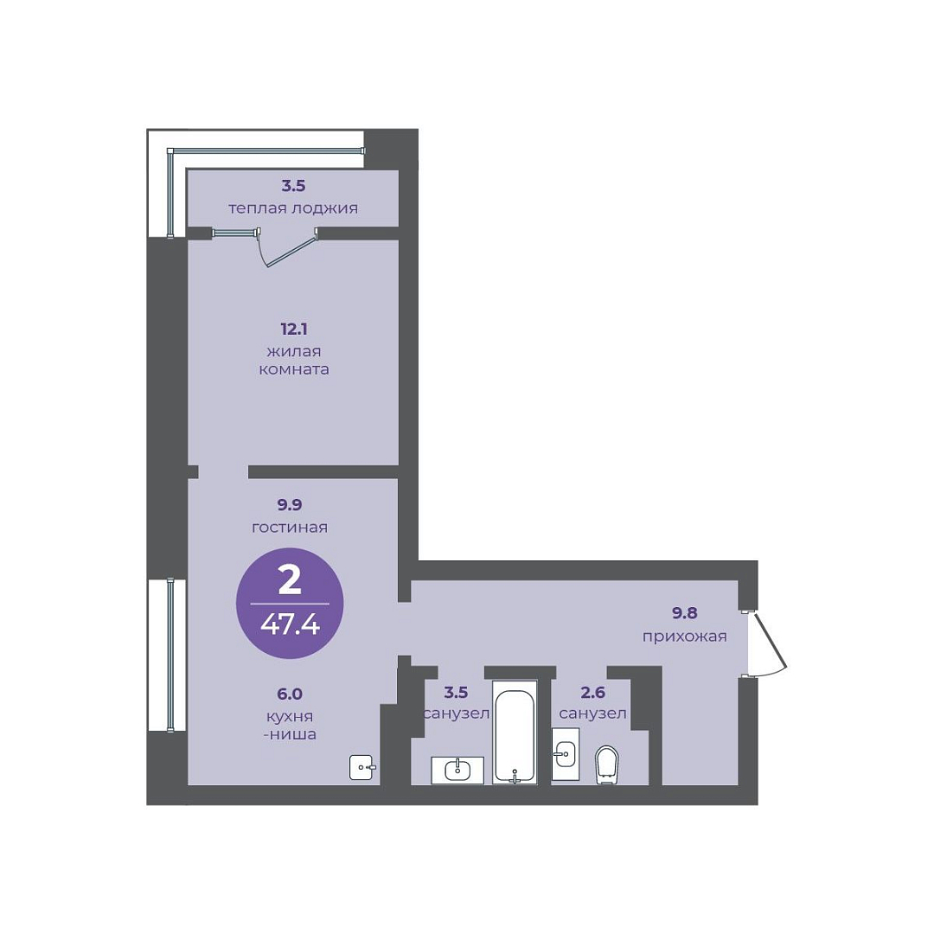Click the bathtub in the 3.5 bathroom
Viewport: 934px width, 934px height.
[515, 732]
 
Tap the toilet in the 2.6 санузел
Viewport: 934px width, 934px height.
[607, 765]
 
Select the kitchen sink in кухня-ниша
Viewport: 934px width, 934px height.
[361, 767]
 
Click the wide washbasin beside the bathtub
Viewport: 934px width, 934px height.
[457, 770]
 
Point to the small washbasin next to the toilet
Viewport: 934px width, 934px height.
[566, 753]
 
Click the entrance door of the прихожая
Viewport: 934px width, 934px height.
[769, 644]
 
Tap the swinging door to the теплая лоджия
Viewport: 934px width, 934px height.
[288, 247]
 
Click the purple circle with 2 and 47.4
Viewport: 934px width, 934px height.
[290, 603]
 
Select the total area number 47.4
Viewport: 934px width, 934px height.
[290, 625]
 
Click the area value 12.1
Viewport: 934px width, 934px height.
[294, 329]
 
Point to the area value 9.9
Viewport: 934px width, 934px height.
[290, 504]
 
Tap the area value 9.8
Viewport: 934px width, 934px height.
[684, 612]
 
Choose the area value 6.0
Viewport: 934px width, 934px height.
[290, 694]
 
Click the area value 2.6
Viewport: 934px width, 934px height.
[592, 692]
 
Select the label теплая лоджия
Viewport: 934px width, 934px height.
[293, 208]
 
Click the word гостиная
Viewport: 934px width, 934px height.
[290, 528]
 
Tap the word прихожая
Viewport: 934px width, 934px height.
[684, 637]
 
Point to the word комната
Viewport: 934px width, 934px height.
[294, 369]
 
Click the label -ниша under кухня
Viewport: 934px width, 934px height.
[290, 734]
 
